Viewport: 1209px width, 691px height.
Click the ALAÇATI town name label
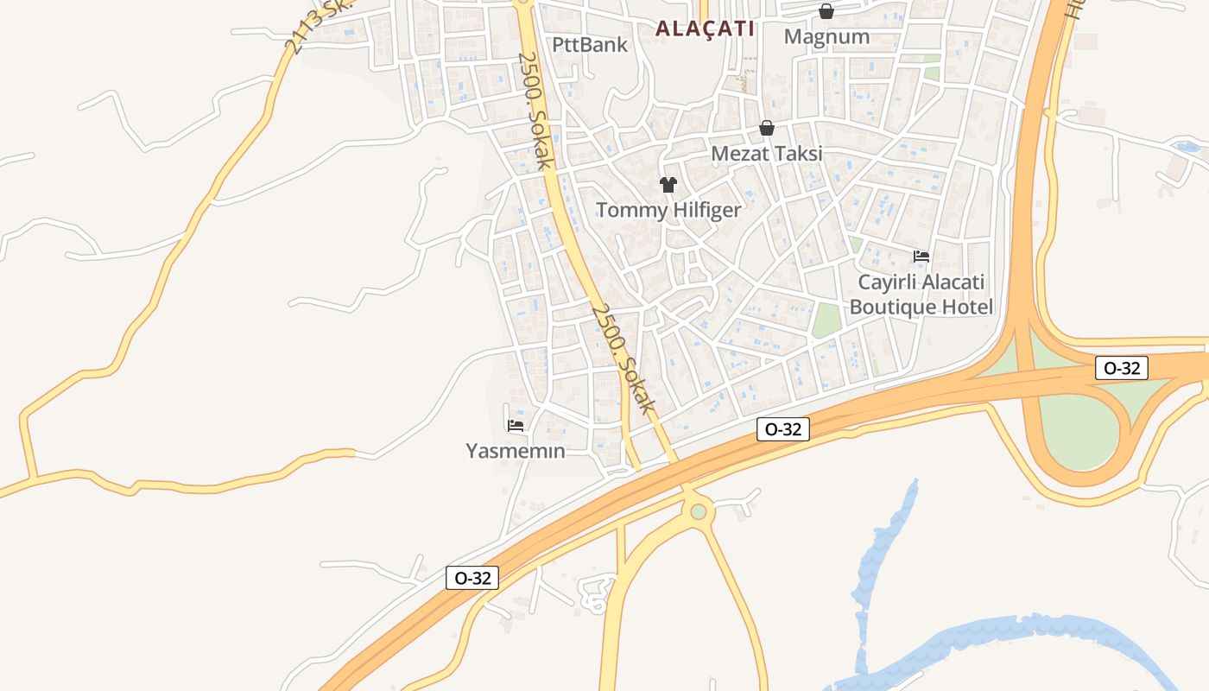coord(705,29)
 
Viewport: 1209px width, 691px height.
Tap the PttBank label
coord(590,45)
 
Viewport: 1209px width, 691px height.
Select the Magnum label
coord(826,36)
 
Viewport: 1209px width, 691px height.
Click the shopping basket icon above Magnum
coord(826,11)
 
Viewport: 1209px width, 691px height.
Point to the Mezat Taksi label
coord(766,154)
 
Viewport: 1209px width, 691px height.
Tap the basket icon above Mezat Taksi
coord(766,129)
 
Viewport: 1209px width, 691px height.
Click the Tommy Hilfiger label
coord(668,210)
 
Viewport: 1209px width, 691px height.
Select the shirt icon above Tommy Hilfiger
coord(668,184)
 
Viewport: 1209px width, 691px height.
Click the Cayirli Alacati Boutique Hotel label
coord(921,295)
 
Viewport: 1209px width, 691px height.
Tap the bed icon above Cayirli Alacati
coord(921,257)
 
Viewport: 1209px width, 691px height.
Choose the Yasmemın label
coord(516,451)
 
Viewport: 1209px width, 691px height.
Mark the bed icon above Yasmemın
coord(516,425)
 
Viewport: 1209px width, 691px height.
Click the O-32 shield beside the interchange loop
coord(1122,368)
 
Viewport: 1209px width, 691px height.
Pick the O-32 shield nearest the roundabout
coord(783,429)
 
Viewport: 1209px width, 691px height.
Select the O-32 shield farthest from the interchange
coord(472,578)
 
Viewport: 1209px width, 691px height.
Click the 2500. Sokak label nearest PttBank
coord(535,110)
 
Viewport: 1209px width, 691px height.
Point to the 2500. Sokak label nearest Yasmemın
coord(624,358)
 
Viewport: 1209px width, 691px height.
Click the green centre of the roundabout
coord(699,511)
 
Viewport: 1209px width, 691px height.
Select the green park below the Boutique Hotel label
coord(826,320)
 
